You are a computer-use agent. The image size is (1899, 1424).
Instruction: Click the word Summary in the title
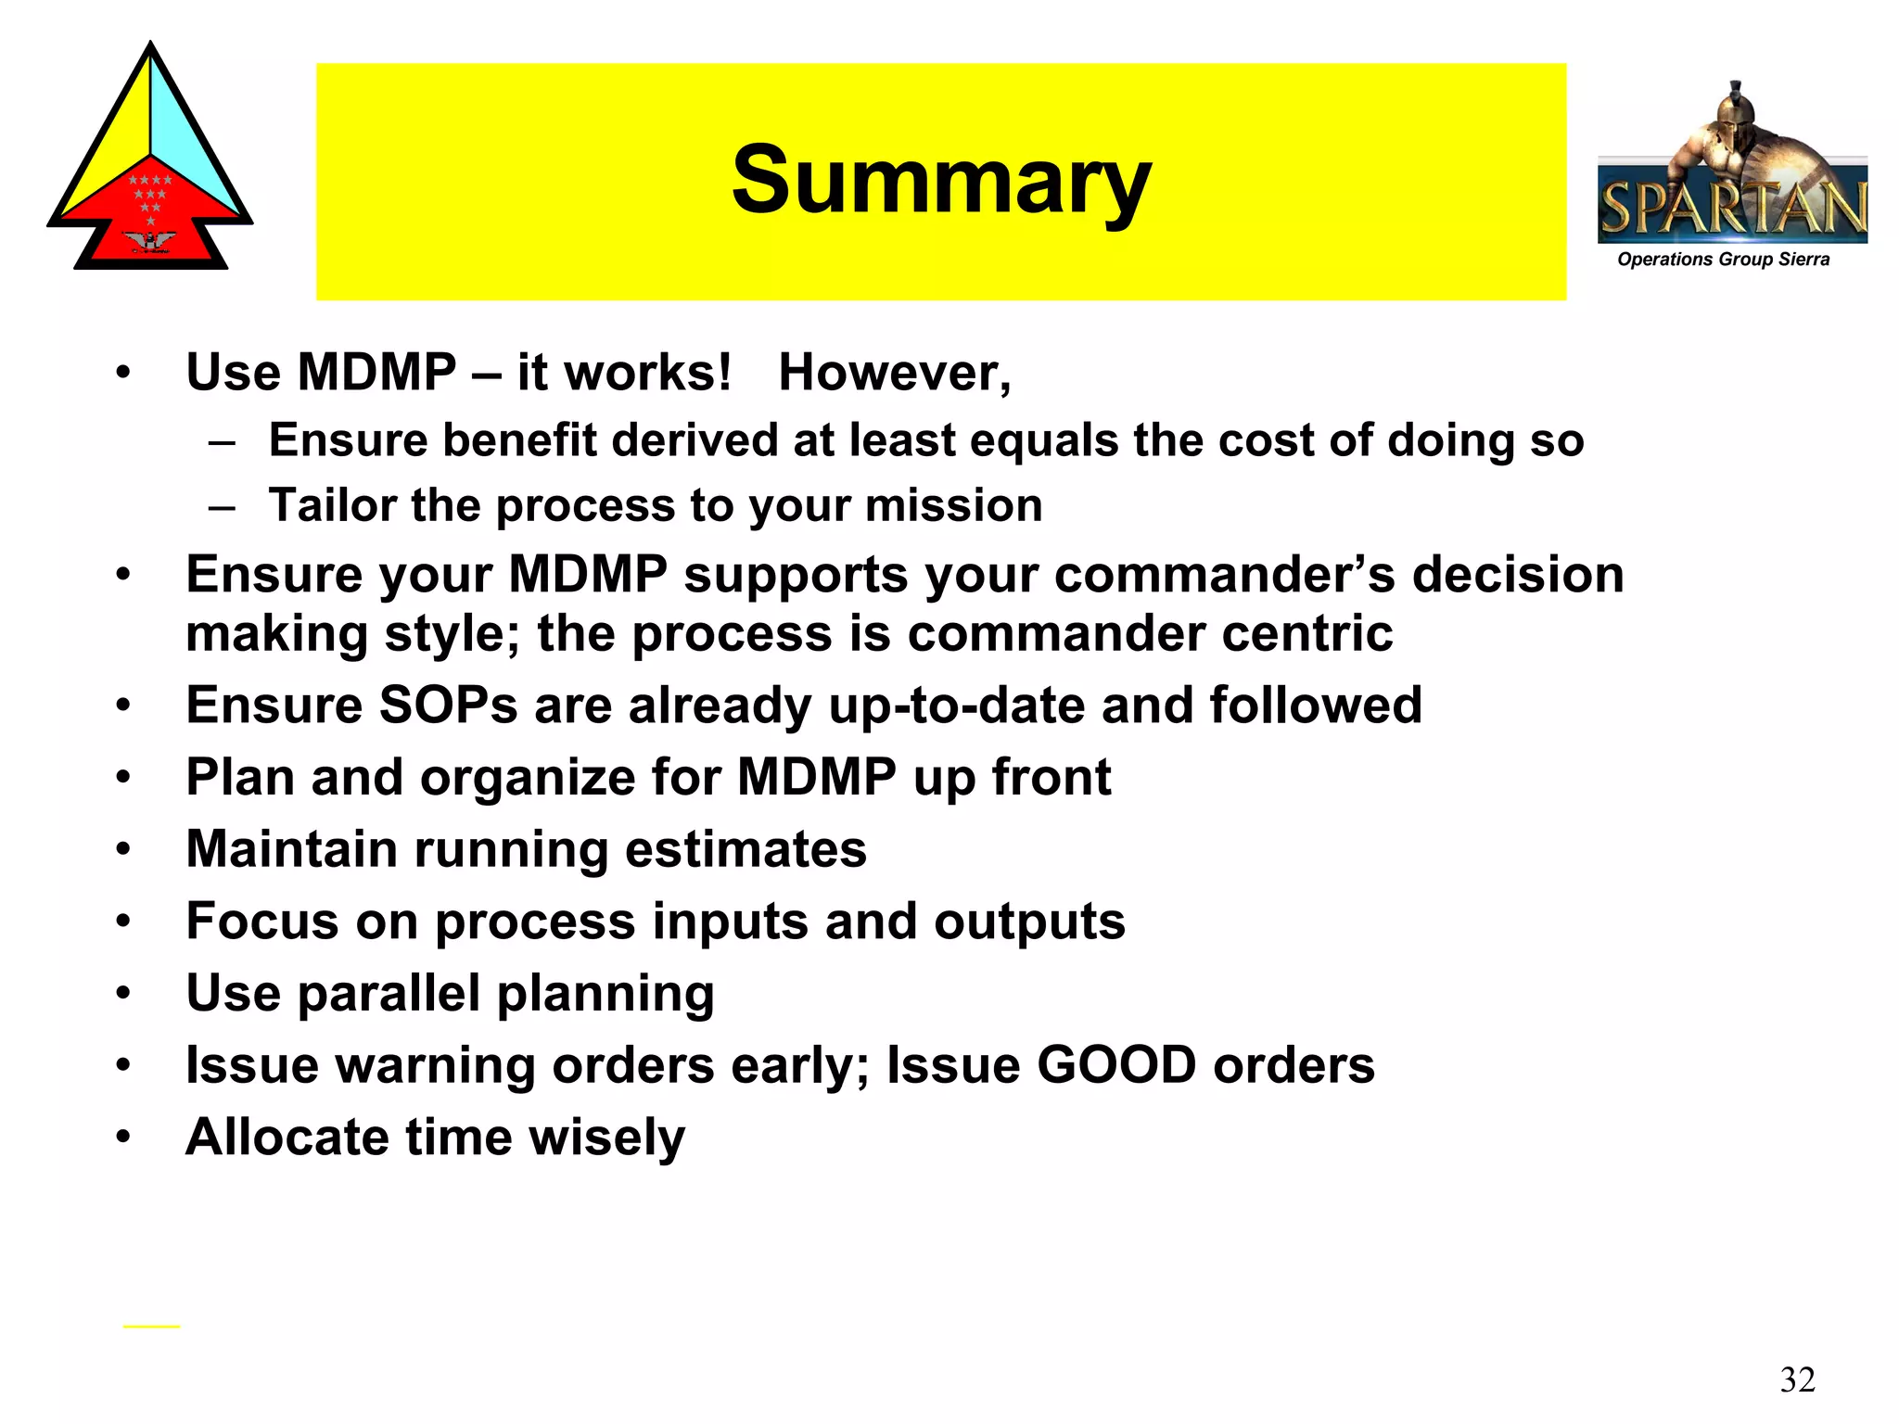coord(940,181)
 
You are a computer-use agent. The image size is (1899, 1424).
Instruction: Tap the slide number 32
coord(1797,1379)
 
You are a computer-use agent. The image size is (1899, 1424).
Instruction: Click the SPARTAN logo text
coord(1732,208)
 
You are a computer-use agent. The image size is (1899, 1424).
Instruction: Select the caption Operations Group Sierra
coord(1723,260)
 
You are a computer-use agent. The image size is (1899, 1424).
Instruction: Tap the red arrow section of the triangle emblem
coord(150,218)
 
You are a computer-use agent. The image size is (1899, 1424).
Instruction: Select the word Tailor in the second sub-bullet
coord(331,506)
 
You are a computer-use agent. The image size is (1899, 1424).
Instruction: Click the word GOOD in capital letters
coord(1115,1065)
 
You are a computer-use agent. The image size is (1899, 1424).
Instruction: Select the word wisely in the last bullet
coord(606,1138)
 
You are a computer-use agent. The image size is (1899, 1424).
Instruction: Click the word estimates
coord(746,849)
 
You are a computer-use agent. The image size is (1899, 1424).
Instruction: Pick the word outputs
coord(1029,922)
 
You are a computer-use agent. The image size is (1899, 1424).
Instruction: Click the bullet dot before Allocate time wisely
coord(123,1137)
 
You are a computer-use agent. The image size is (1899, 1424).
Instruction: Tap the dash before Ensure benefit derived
coord(222,441)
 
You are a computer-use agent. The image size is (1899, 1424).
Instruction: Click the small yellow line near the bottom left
coord(151,1327)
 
